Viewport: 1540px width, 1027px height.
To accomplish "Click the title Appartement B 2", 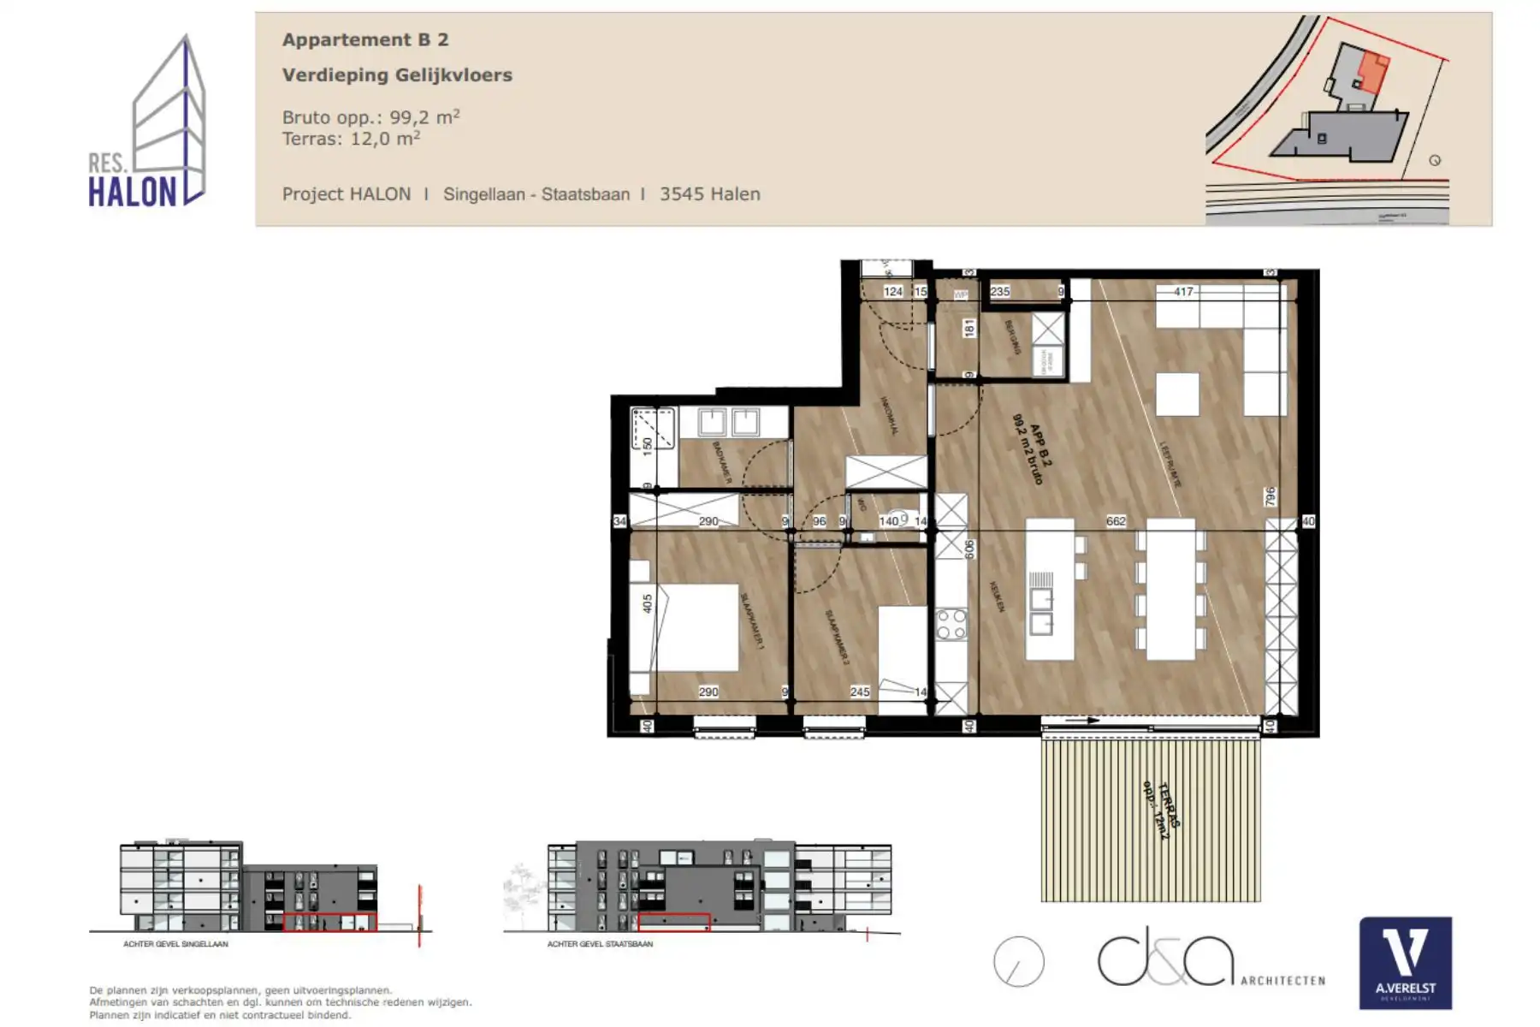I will pyautogui.click(x=365, y=39).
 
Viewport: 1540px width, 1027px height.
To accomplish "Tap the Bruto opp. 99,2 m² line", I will pyautogui.click(x=370, y=117).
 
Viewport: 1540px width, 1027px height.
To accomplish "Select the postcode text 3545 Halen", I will pyautogui.click(x=709, y=194).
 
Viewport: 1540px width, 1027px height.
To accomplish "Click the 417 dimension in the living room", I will pyautogui.click(x=1183, y=292).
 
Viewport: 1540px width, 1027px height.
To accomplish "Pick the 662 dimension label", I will pyautogui.click(x=1116, y=520).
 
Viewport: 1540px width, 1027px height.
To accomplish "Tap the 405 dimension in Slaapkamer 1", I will pyautogui.click(x=648, y=603).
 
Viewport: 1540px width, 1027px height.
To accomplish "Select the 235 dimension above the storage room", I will pyautogui.click(x=1000, y=292).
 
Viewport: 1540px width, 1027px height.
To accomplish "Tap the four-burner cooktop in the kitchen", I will pyautogui.click(x=951, y=625).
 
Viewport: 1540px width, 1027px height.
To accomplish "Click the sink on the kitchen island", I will pyautogui.click(x=1041, y=611).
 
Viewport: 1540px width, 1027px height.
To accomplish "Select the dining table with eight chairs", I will pyautogui.click(x=1170, y=591).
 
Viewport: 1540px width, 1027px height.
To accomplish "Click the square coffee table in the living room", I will pyautogui.click(x=1177, y=395).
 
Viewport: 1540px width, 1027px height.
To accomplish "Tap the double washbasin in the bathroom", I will pyautogui.click(x=729, y=421).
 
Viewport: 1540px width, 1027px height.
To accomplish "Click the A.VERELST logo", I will pyautogui.click(x=1406, y=963).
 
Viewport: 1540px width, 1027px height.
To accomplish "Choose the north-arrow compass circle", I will pyautogui.click(x=1019, y=962).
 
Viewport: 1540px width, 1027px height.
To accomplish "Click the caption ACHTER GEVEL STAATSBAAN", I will pyautogui.click(x=600, y=944).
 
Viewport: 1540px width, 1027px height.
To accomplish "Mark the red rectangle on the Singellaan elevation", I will pyautogui.click(x=329, y=922).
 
